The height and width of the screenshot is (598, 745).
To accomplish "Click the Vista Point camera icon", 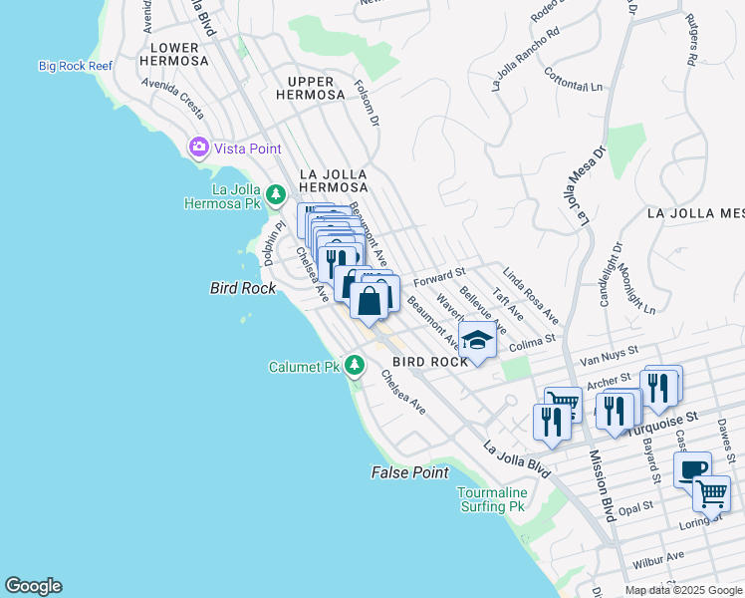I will coord(199,148).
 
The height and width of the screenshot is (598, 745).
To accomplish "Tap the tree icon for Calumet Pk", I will coord(354,366).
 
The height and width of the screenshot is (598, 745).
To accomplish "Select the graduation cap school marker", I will coord(477,340).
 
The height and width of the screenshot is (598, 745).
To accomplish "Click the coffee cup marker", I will coord(691,468).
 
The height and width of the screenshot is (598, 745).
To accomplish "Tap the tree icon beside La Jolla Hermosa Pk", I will coord(275,192).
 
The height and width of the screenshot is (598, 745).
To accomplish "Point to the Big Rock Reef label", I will coord(76,66).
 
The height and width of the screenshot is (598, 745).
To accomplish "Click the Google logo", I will coord(33,586).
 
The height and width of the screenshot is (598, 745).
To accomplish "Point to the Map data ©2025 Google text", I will coord(683,590).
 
